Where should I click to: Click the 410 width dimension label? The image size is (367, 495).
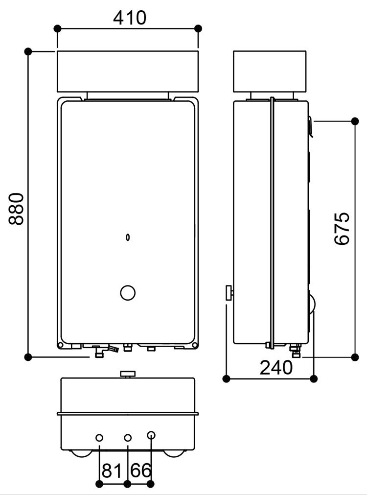coord(130,18)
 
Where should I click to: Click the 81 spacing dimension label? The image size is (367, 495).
coord(112,471)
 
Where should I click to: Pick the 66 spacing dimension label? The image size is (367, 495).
coord(141,471)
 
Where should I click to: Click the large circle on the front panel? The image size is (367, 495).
coord(128,292)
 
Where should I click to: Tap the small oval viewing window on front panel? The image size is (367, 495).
coord(128,237)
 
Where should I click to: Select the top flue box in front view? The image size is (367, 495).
coord(128,71)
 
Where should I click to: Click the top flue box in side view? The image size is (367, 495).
coord(271,71)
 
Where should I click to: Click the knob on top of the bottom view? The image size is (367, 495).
coord(128,374)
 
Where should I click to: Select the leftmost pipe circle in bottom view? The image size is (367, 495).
coord(99,437)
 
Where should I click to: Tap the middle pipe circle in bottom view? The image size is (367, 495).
coord(127,437)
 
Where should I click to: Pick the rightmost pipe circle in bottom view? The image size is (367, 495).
coord(151,435)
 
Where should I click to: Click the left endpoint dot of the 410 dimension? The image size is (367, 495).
coord(58,28)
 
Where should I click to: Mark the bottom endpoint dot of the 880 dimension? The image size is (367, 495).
coord(28,356)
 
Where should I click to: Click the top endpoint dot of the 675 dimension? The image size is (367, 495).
coord(355,120)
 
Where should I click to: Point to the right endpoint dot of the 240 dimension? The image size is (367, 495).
coord(314,378)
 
